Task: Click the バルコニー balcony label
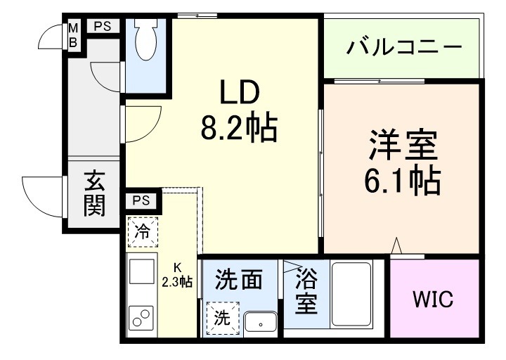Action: (x=404, y=49)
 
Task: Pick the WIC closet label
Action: (x=432, y=299)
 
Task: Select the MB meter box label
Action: (x=72, y=35)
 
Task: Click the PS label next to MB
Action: (x=102, y=26)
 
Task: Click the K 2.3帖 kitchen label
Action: (x=177, y=275)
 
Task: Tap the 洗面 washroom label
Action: (x=239, y=280)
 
